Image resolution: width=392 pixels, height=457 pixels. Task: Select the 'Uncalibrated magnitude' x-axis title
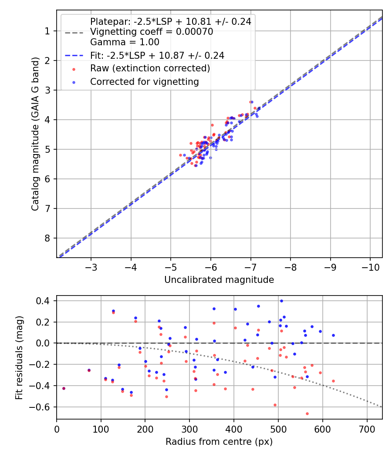click(x=219, y=280)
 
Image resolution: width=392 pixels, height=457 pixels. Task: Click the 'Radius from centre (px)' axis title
click(x=219, y=442)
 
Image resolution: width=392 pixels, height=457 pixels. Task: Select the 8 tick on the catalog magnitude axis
click(x=47, y=238)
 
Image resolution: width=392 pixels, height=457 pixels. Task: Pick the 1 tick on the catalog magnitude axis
click(x=47, y=31)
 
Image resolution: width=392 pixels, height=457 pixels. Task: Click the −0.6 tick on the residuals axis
click(x=43, y=407)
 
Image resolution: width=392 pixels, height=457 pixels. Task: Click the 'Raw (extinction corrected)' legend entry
click(x=150, y=68)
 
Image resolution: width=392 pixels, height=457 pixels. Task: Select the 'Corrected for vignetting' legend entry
click(x=144, y=81)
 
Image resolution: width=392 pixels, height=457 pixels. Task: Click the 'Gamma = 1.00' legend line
click(x=125, y=42)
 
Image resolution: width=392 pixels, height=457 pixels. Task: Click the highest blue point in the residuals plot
click(x=281, y=301)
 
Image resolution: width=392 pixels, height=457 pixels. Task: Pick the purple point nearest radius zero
click(x=64, y=388)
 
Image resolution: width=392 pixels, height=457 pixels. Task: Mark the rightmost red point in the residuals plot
click(x=333, y=381)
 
